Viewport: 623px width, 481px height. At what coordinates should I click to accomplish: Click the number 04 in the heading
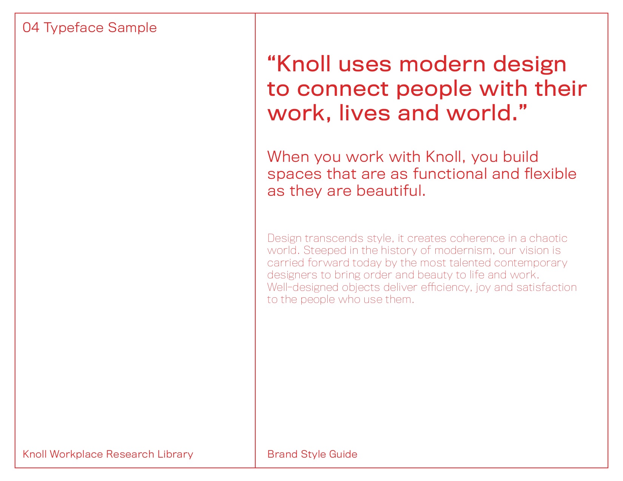(31, 28)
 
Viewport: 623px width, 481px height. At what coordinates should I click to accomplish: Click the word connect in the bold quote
(343, 89)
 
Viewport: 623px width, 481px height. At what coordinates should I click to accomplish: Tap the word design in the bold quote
(529, 65)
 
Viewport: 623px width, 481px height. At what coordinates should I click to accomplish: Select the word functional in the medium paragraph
(450, 174)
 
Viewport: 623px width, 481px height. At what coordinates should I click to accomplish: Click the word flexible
(551, 174)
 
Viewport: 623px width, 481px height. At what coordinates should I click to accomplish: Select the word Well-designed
(303, 287)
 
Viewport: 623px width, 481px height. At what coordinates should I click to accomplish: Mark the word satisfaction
(546, 287)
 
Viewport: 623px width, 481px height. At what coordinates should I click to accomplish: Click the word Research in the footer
(130, 454)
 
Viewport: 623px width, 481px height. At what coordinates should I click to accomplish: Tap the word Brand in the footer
(282, 454)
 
